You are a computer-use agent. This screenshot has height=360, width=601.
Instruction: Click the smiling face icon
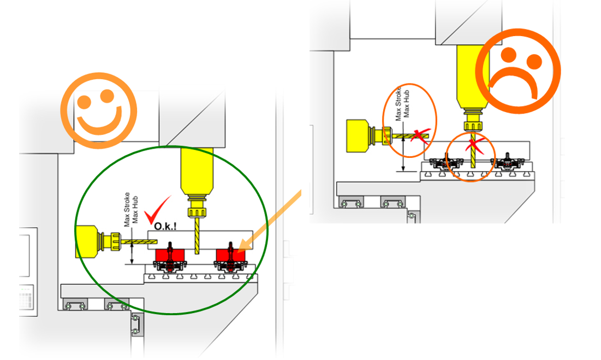pos(98,110)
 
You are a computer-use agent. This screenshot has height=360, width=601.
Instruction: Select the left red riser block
pos(169,255)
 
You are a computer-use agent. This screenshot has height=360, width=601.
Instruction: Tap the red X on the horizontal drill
pos(419,134)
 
